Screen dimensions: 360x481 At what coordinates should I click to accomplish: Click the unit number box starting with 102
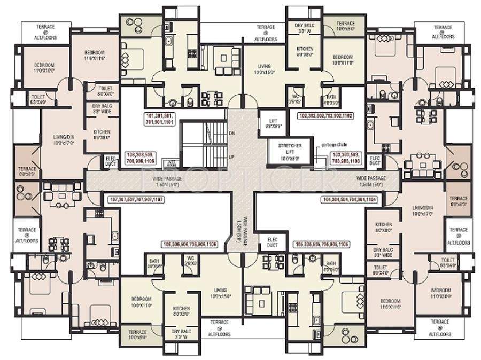coord(334,115)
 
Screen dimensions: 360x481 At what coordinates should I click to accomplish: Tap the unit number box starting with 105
coord(322,244)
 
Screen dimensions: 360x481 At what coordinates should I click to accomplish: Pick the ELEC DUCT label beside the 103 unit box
coord(375,160)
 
